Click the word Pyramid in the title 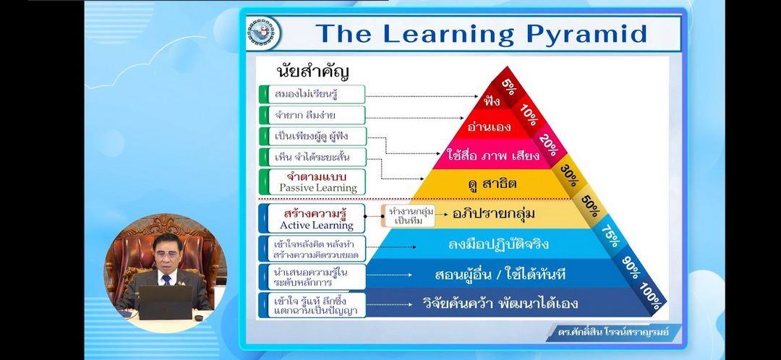pos(586,35)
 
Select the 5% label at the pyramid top pos(508,88)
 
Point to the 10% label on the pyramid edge pos(529,116)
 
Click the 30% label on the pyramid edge pos(569,175)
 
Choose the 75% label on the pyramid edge pos(610,236)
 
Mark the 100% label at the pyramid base pos(652,296)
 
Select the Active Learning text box pos(312,218)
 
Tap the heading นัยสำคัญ pos(313,71)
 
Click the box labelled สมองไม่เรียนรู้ pos(312,94)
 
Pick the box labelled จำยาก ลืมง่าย pos(312,116)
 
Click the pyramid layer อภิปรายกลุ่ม pos(493,213)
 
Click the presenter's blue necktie pos(166,279)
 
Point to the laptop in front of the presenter pos(166,302)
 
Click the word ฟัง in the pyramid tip pos(492,102)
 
